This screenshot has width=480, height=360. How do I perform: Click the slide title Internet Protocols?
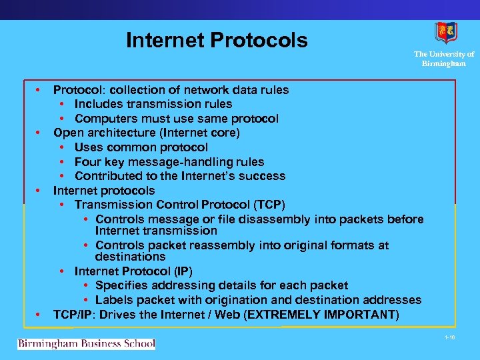217,40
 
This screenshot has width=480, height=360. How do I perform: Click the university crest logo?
445,33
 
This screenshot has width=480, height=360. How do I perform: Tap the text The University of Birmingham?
443,59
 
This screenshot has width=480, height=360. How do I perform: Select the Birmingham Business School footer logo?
86,344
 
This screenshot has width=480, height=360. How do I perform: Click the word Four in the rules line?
87,162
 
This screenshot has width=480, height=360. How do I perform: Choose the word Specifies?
123,285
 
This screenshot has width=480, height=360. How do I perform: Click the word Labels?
113,300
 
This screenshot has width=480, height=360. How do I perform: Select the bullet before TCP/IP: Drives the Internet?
39,314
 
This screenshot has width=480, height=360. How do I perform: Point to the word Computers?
106,119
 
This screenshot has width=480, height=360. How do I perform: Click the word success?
264,176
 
